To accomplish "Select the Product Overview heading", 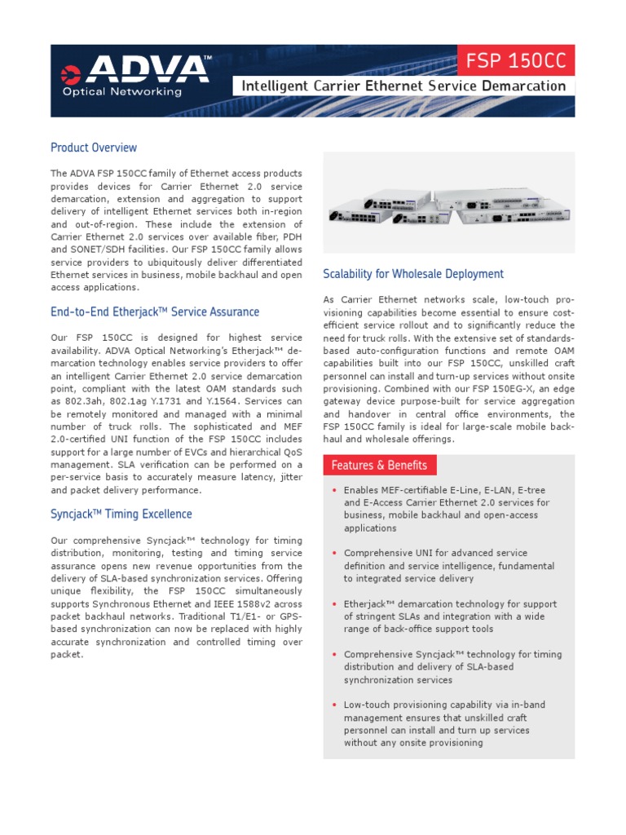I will pyautogui.click(x=94, y=148).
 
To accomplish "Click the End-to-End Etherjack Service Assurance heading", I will pyautogui.click(x=155, y=311).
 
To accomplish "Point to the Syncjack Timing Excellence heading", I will pyautogui.click(x=121, y=514).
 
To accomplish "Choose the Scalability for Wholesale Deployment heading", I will pyautogui.click(x=413, y=274).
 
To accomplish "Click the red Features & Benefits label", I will pyautogui.click(x=380, y=465).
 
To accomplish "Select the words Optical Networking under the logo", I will pyautogui.click(x=122, y=91).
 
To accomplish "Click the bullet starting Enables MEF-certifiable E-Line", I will pyautogui.click(x=447, y=509).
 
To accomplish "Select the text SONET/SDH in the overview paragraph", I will pyautogui.click(x=102, y=250).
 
